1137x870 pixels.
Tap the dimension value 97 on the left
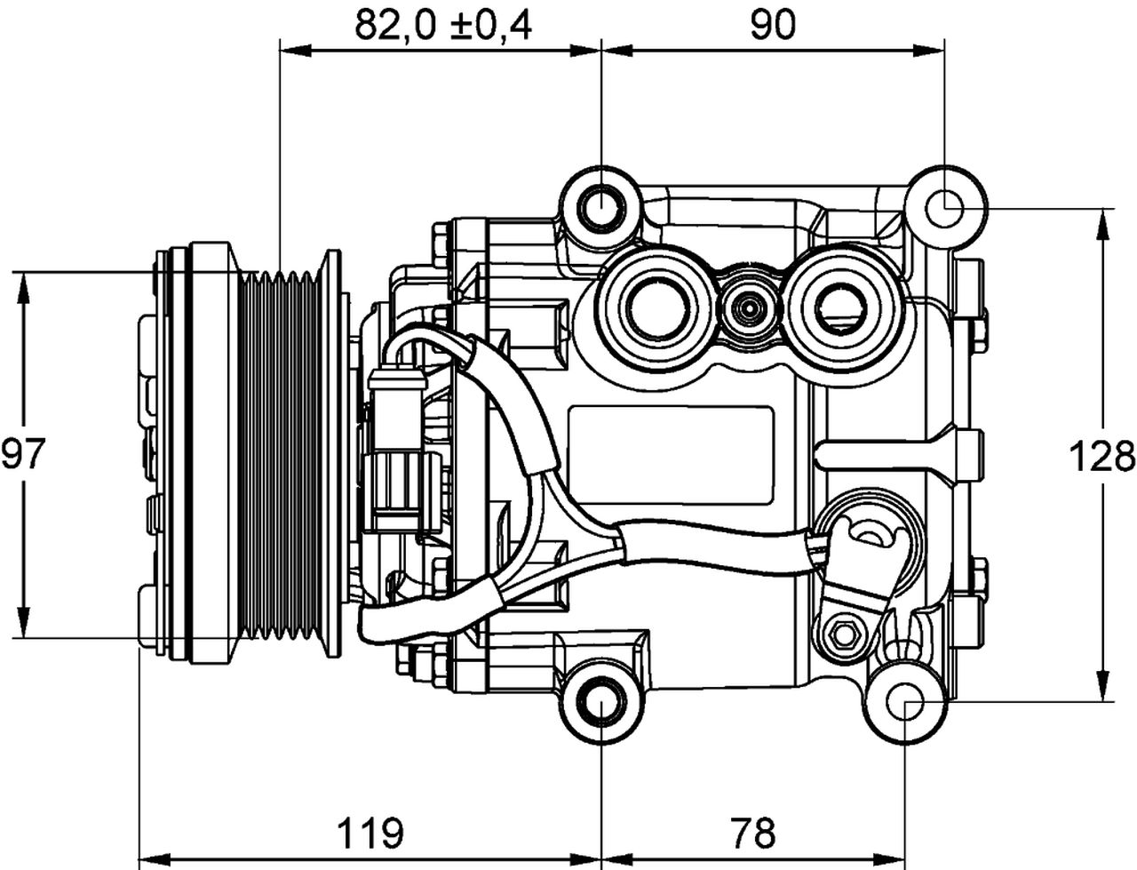pos(23,455)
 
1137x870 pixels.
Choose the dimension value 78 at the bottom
pos(753,833)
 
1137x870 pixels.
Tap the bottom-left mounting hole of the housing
pos(601,705)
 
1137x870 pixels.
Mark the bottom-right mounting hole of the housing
pos(905,705)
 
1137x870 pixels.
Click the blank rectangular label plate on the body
pos(671,456)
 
